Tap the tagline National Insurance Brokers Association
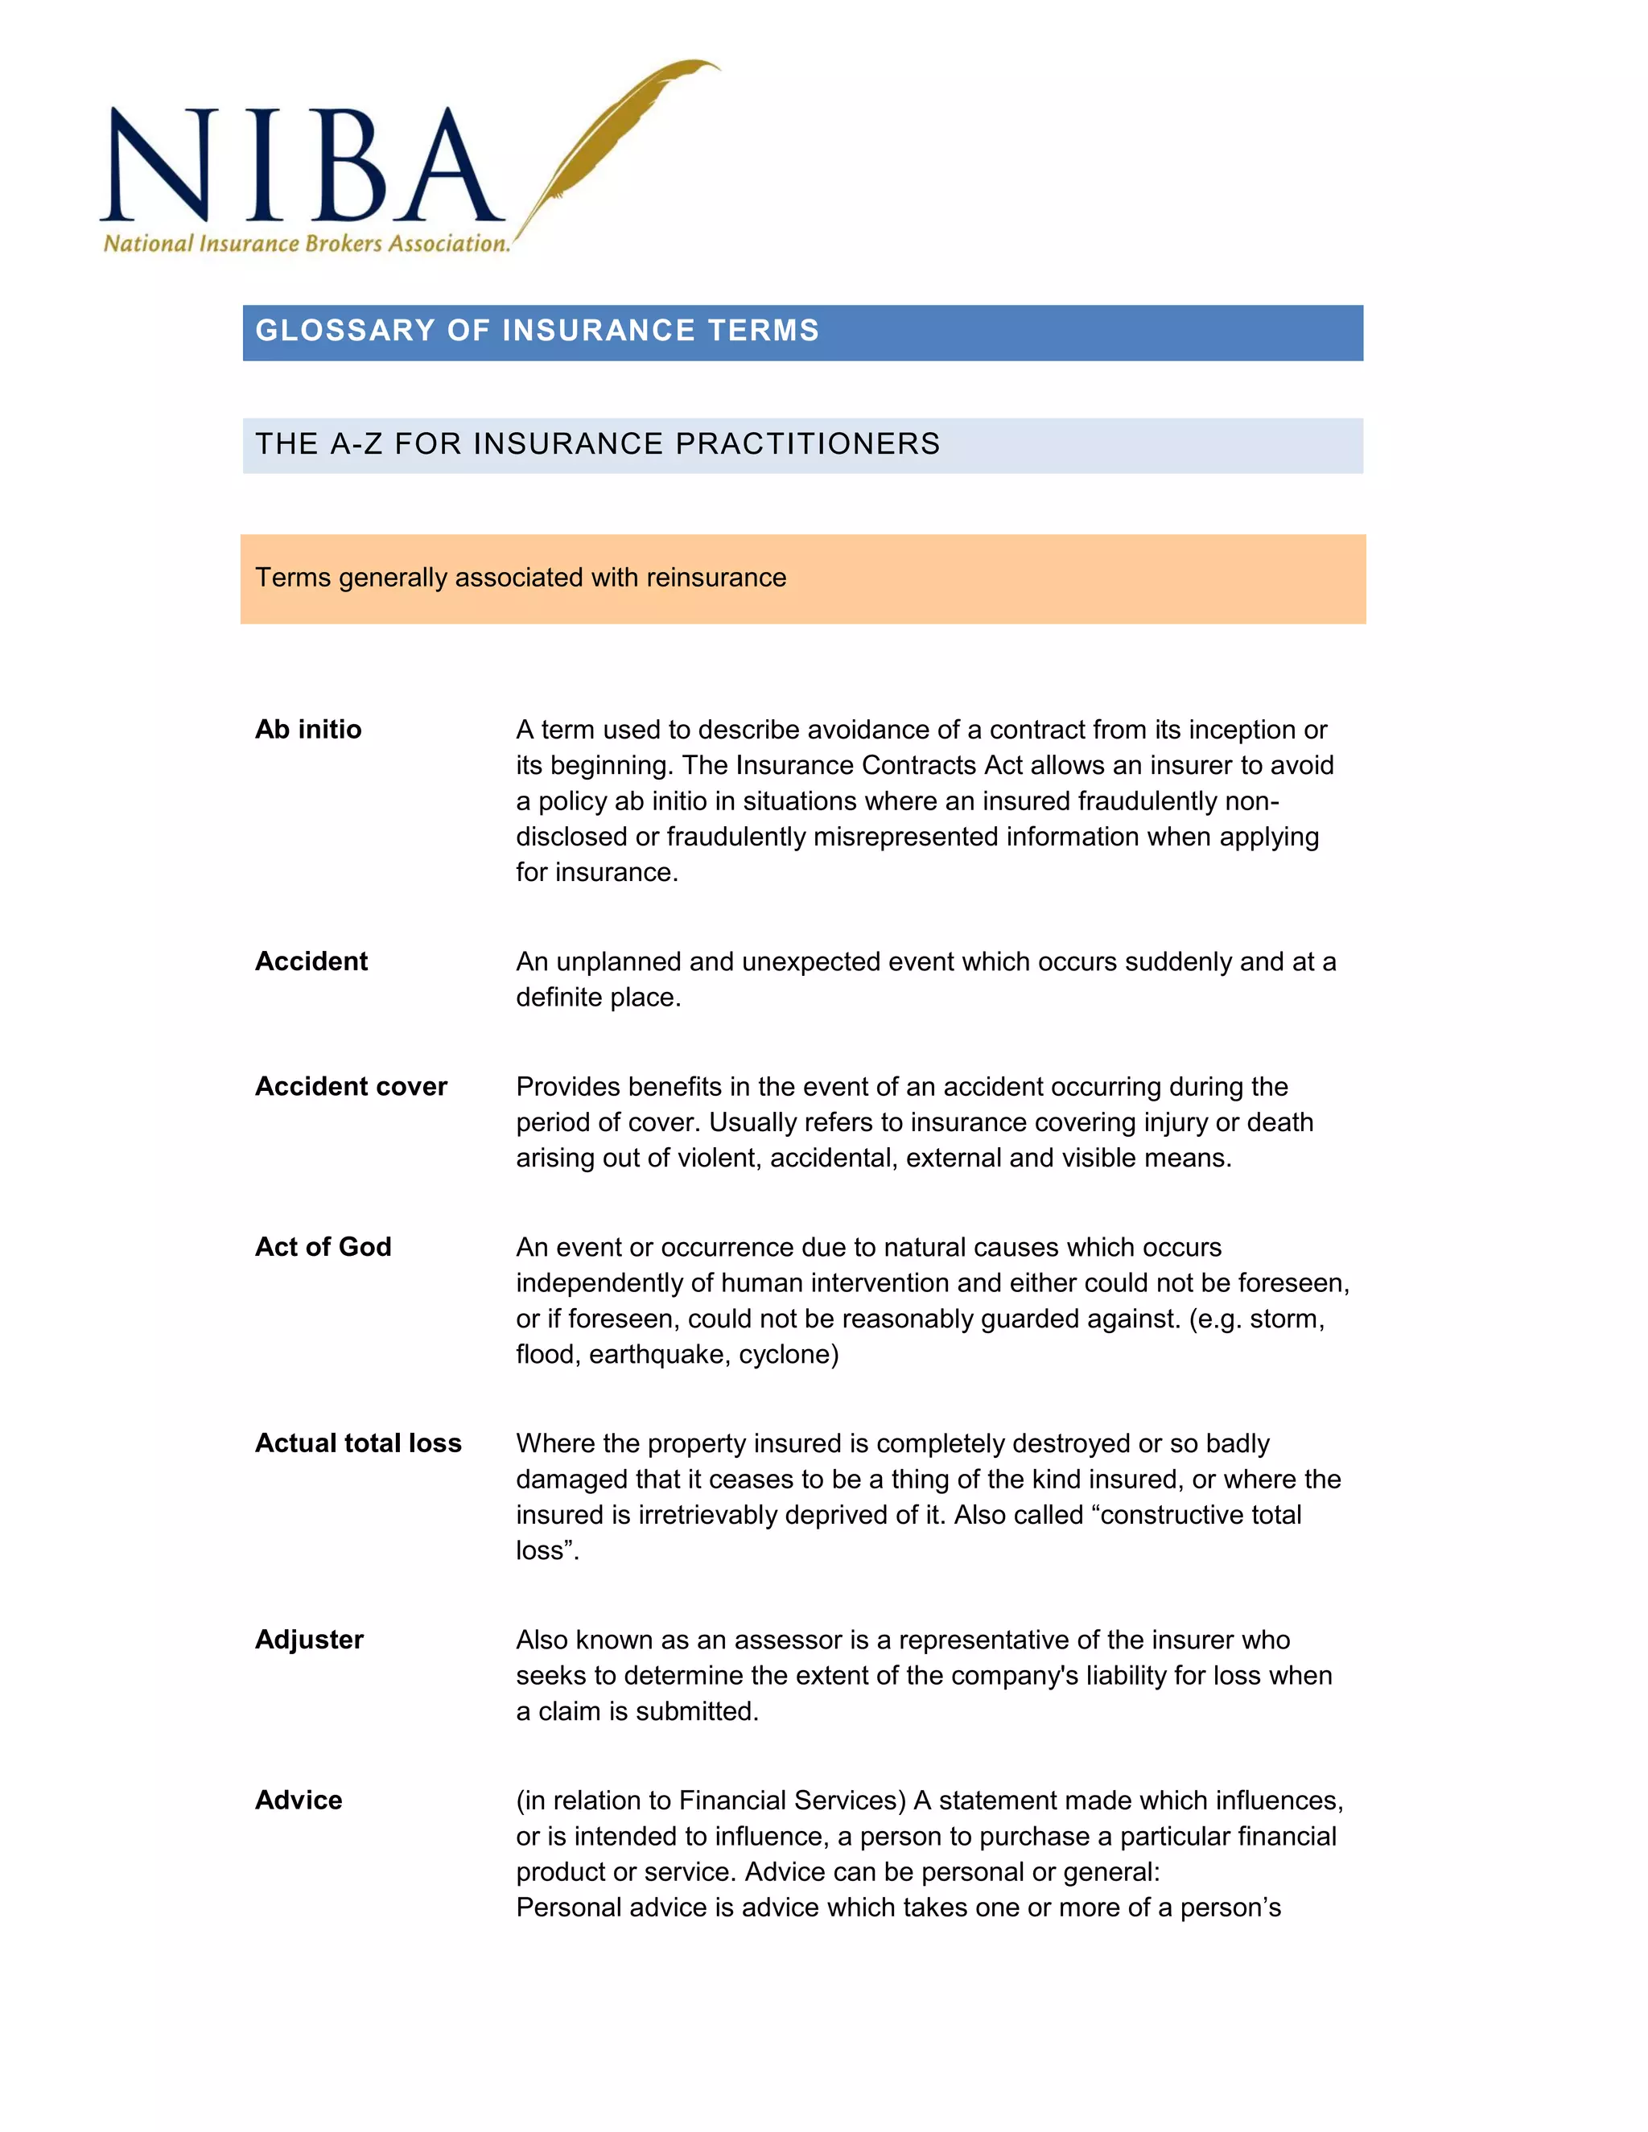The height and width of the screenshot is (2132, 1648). point(307,244)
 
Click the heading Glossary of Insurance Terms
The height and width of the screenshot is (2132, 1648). point(537,331)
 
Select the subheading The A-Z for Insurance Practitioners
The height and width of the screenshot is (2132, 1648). point(598,444)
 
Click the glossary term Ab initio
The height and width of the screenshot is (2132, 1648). point(308,729)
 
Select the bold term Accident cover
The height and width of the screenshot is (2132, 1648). point(351,1086)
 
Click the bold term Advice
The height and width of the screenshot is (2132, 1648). point(299,1800)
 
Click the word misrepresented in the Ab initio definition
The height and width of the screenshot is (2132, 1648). point(921,837)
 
